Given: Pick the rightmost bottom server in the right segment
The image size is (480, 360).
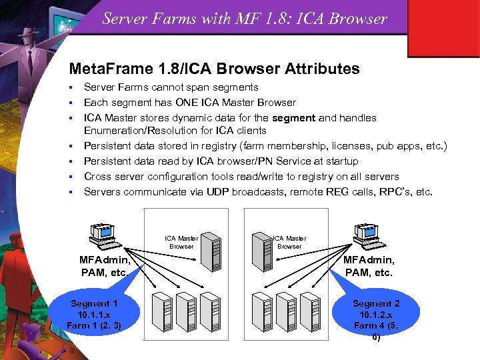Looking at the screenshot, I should pos(313,311).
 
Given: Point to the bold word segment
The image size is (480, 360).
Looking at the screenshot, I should pos(294,118).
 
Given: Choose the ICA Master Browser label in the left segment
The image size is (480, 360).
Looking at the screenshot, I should pos(181,243).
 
